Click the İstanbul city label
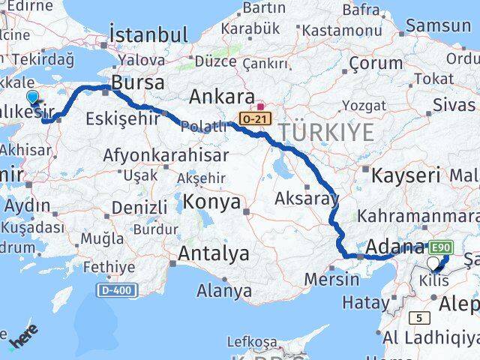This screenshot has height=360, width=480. click(x=148, y=34)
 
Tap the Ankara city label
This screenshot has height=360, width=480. click(x=221, y=96)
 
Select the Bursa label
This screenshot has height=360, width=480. click(x=137, y=80)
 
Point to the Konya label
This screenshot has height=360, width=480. click(x=214, y=202)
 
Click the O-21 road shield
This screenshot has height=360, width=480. click(x=253, y=119)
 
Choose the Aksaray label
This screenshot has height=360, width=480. click(x=307, y=199)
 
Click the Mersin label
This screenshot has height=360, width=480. click(x=332, y=279)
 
